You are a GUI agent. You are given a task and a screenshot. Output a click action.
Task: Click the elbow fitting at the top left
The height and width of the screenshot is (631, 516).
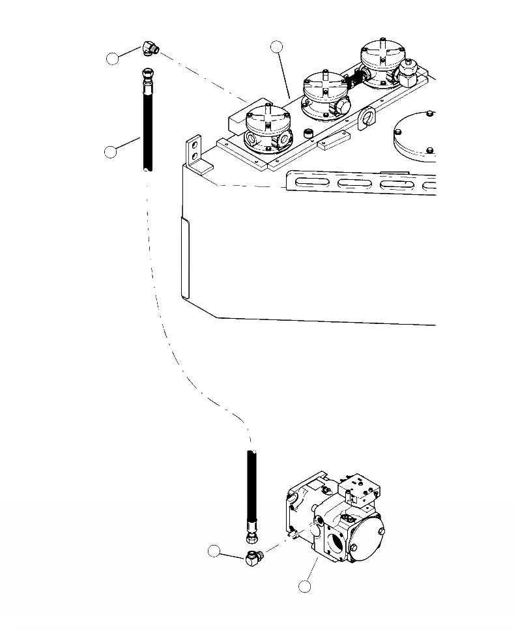[149, 50]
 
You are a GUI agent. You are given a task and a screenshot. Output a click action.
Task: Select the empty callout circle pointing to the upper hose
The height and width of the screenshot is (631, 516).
[111, 152]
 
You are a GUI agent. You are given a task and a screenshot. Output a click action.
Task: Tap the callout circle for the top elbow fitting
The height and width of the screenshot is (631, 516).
[113, 59]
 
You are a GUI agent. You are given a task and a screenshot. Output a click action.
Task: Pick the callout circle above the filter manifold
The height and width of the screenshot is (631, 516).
[277, 46]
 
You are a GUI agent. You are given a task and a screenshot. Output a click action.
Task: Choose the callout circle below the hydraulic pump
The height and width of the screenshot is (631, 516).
[304, 586]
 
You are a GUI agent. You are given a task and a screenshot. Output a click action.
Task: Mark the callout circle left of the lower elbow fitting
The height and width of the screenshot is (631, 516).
[214, 551]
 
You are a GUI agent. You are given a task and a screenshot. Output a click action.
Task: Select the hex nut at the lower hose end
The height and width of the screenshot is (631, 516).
[251, 538]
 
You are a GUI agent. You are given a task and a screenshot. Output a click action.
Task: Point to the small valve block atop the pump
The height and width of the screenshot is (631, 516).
[360, 488]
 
